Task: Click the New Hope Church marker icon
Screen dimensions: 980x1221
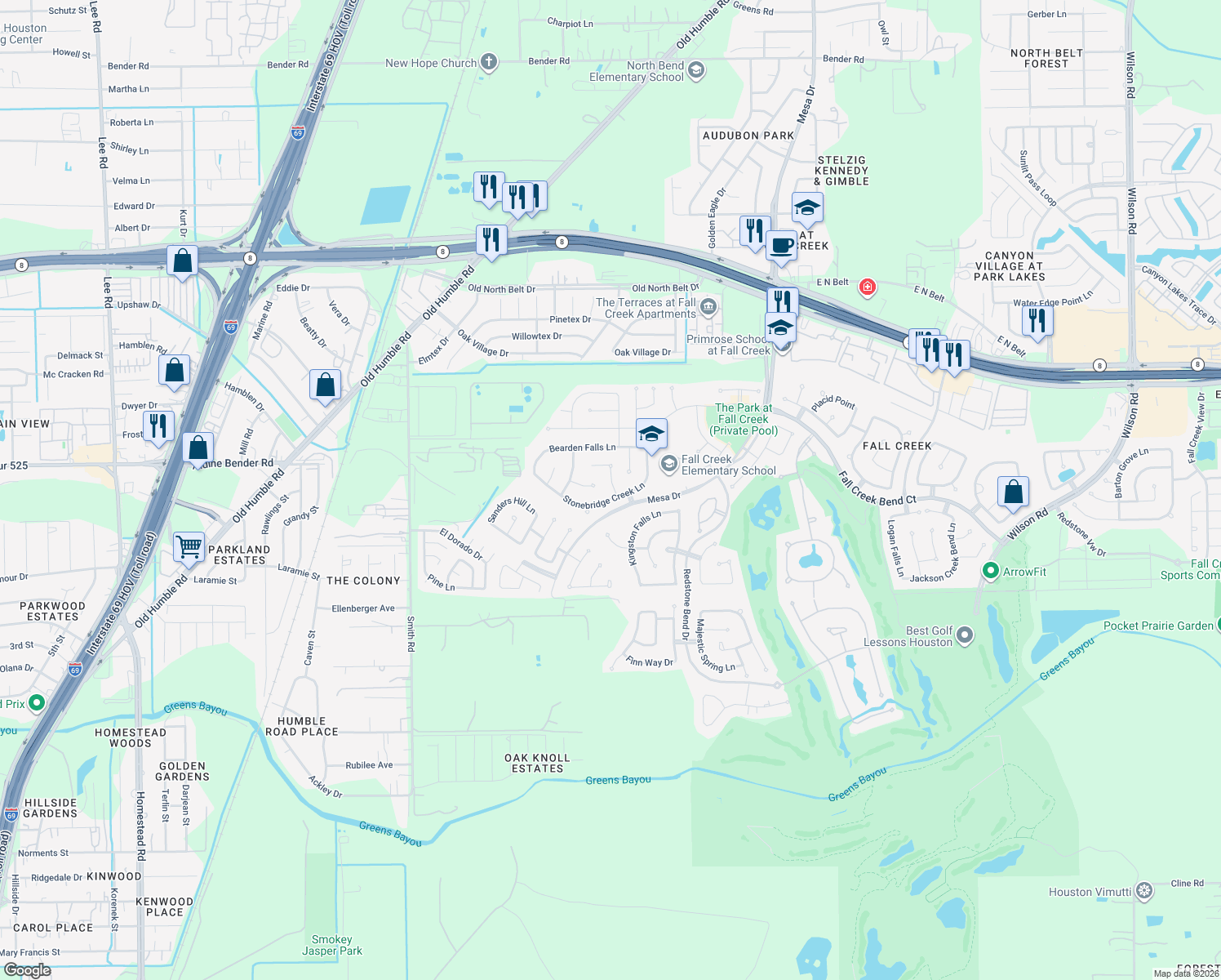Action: (488, 62)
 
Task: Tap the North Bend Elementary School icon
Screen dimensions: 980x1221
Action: (696, 70)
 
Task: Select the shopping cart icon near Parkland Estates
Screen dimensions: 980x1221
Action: (189, 546)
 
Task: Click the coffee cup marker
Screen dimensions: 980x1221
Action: (781, 245)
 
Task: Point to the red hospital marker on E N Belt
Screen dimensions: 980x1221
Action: (867, 287)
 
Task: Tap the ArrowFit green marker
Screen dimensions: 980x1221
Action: (991, 571)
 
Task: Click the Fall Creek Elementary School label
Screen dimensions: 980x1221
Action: (728, 465)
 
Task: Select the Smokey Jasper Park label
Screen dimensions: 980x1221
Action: (332, 945)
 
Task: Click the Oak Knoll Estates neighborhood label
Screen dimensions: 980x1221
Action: (537, 763)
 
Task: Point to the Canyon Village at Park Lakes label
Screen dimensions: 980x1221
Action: (1009, 266)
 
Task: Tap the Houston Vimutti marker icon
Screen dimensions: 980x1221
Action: (1144, 891)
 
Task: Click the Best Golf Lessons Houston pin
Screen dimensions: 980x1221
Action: (965, 635)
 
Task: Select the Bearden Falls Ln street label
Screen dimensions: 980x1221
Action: (582, 448)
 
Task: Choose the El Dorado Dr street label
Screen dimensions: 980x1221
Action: (461, 544)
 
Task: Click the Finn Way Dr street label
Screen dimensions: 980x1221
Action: (649, 661)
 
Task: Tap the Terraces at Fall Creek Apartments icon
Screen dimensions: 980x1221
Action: (708, 307)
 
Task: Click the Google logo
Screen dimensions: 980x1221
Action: (27, 970)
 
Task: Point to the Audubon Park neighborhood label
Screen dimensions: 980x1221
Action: (748, 136)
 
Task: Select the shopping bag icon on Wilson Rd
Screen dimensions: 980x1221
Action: (1013, 492)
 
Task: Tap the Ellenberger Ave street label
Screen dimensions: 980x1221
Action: (362, 608)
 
